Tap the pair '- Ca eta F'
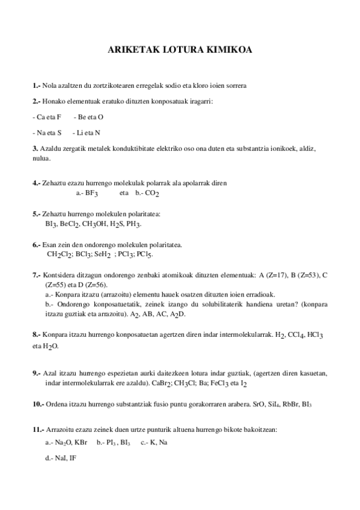[x=47, y=117]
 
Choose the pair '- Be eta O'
[x=88, y=117]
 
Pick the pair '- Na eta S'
[x=47, y=132]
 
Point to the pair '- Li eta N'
[x=86, y=132]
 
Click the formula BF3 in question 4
[x=90, y=193]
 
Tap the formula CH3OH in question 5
[x=96, y=224]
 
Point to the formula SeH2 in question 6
[x=103, y=254]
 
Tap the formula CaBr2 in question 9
[x=161, y=383]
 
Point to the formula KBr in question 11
[x=82, y=443]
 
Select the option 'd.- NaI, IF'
[x=61, y=458]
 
